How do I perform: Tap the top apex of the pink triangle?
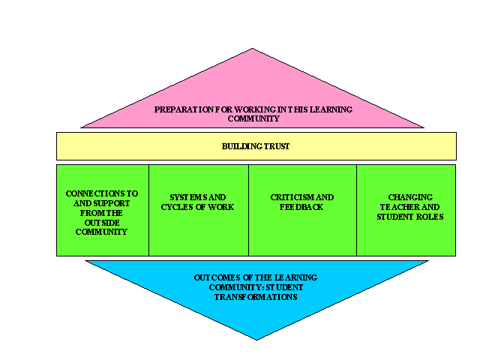pos(252,48)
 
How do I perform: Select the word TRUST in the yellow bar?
pos(277,146)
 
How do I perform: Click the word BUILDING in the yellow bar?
pos(241,146)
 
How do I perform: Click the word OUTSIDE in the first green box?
pos(102,223)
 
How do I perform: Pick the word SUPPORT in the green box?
pos(112,203)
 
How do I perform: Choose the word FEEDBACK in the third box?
pos(301,207)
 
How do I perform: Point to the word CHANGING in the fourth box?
pos(410,197)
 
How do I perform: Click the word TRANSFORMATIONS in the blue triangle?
pos(256,297)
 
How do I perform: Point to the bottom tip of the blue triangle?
pos(256,340)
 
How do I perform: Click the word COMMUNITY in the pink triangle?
pos(253,118)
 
